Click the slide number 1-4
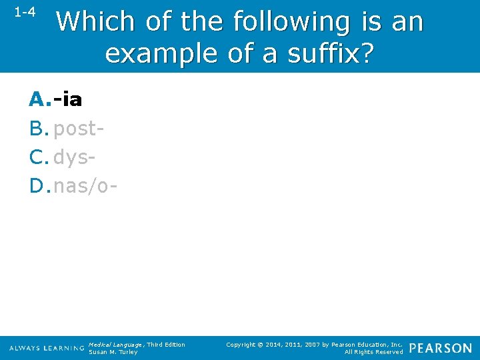tap(25, 13)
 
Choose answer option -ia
tap(68, 100)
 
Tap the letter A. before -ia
tap(39, 100)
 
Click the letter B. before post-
tap(39, 128)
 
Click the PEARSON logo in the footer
tap(440, 348)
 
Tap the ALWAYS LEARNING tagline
tap(46, 349)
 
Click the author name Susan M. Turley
tap(113, 352)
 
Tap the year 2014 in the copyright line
tap(273, 344)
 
